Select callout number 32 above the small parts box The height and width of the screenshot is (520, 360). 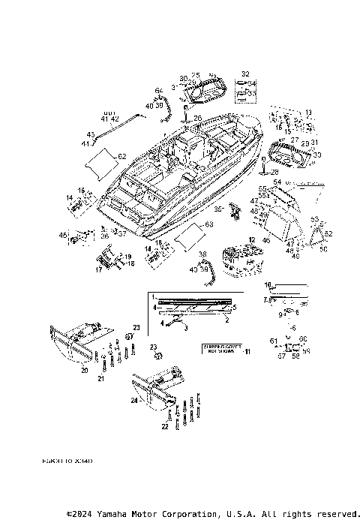(244, 74)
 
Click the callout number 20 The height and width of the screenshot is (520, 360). (85, 371)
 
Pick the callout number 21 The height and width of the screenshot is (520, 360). (101, 379)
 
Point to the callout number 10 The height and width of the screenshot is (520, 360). (268, 285)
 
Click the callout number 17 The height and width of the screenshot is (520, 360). (98, 269)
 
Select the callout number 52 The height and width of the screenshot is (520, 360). (328, 233)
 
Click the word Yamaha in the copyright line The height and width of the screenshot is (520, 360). (124, 514)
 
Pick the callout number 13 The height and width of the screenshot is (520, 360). (307, 111)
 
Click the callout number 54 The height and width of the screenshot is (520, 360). (278, 182)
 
